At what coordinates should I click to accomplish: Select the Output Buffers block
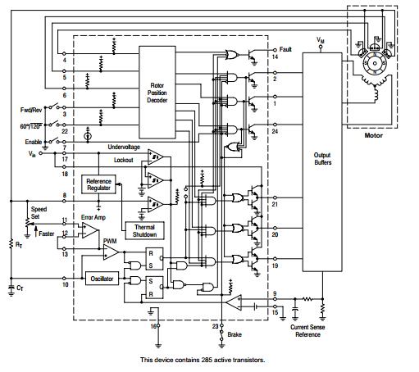point(321,157)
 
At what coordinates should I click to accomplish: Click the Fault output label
point(285,49)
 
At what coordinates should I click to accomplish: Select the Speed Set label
point(39,213)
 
